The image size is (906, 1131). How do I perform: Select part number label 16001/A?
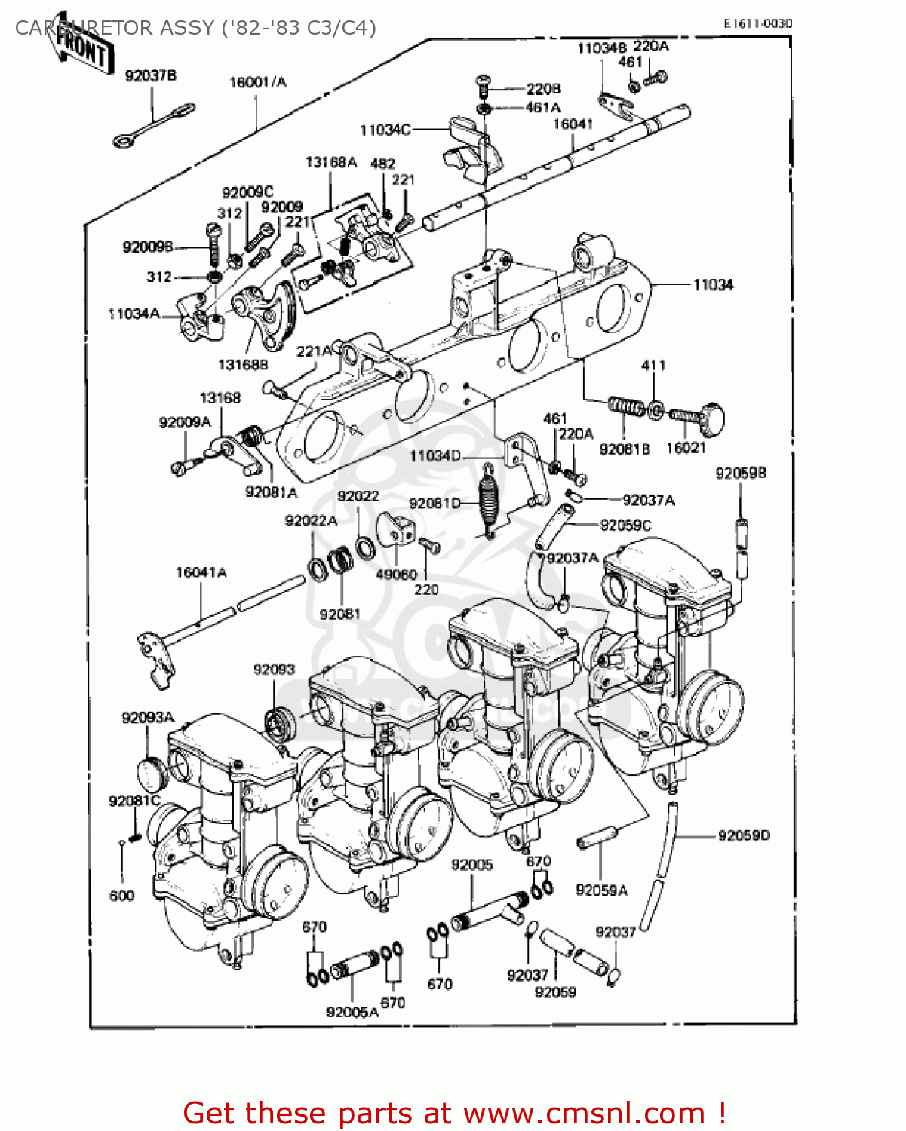tap(258, 82)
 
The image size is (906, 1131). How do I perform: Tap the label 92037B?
tap(151, 75)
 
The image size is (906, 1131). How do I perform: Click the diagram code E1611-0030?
tap(757, 23)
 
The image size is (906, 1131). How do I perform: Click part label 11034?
tap(713, 284)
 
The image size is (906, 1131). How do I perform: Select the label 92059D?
tap(744, 835)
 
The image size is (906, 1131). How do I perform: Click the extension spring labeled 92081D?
tap(489, 500)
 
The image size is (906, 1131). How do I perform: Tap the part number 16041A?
tap(201, 572)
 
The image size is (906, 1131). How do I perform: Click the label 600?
tap(121, 896)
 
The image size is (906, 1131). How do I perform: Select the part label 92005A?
tap(352, 1012)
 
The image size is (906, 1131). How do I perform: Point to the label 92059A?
tap(601, 890)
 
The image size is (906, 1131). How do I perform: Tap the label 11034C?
tap(385, 130)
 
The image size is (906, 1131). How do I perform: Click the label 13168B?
tap(243, 365)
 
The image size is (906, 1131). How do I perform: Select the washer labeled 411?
tap(656, 411)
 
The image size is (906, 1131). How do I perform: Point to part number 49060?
tap(396, 574)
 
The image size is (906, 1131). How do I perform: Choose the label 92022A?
tap(311, 521)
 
